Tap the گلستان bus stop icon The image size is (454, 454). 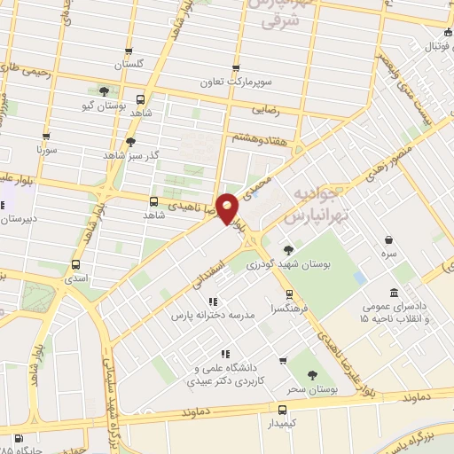[129, 51]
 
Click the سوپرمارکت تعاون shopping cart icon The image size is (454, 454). [235, 67]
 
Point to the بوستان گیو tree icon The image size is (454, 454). [105, 91]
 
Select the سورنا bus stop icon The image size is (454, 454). [46, 137]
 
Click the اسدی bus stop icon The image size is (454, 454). [75, 263]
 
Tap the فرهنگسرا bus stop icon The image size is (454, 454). [289, 294]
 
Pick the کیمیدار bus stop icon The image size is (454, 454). [283, 410]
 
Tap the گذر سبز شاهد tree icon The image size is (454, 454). [131, 142]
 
